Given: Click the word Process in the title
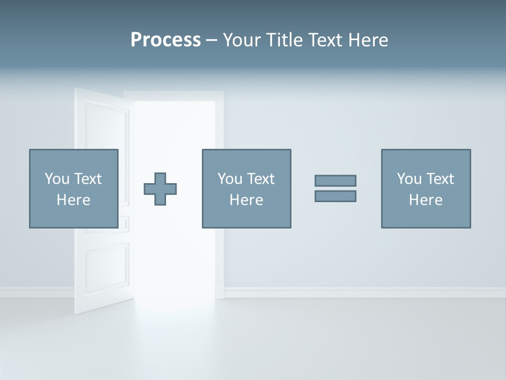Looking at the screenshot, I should coord(166,40).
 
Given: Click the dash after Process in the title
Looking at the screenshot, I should coord(211,41).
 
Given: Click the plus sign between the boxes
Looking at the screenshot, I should coord(160,189).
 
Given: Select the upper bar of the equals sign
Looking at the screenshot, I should coord(335,180).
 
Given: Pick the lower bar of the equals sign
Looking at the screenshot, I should coord(335,196).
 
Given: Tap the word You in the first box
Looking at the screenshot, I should coord(57,179).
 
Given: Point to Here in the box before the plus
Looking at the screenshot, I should coord(73,200).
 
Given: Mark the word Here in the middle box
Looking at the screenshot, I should coord(246,200).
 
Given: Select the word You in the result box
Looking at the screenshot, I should coord(409,179).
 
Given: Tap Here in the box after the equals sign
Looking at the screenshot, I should coord(425,200).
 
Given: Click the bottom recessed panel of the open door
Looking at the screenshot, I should coord(107,269).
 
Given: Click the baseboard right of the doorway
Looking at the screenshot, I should coord(364,292).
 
